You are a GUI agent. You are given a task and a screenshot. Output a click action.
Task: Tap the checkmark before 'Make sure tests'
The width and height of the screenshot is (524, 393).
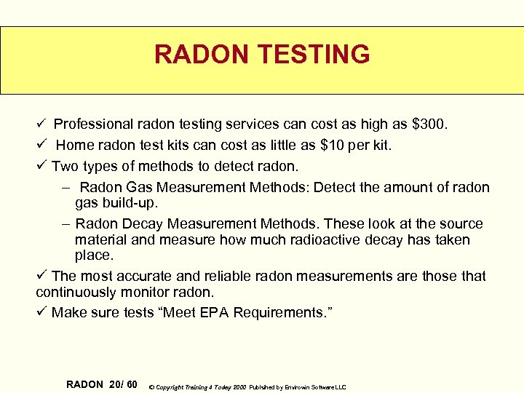(x=41, y=312)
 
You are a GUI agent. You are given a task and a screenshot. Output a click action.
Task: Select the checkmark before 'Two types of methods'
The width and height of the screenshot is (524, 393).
(x=41, y=167)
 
